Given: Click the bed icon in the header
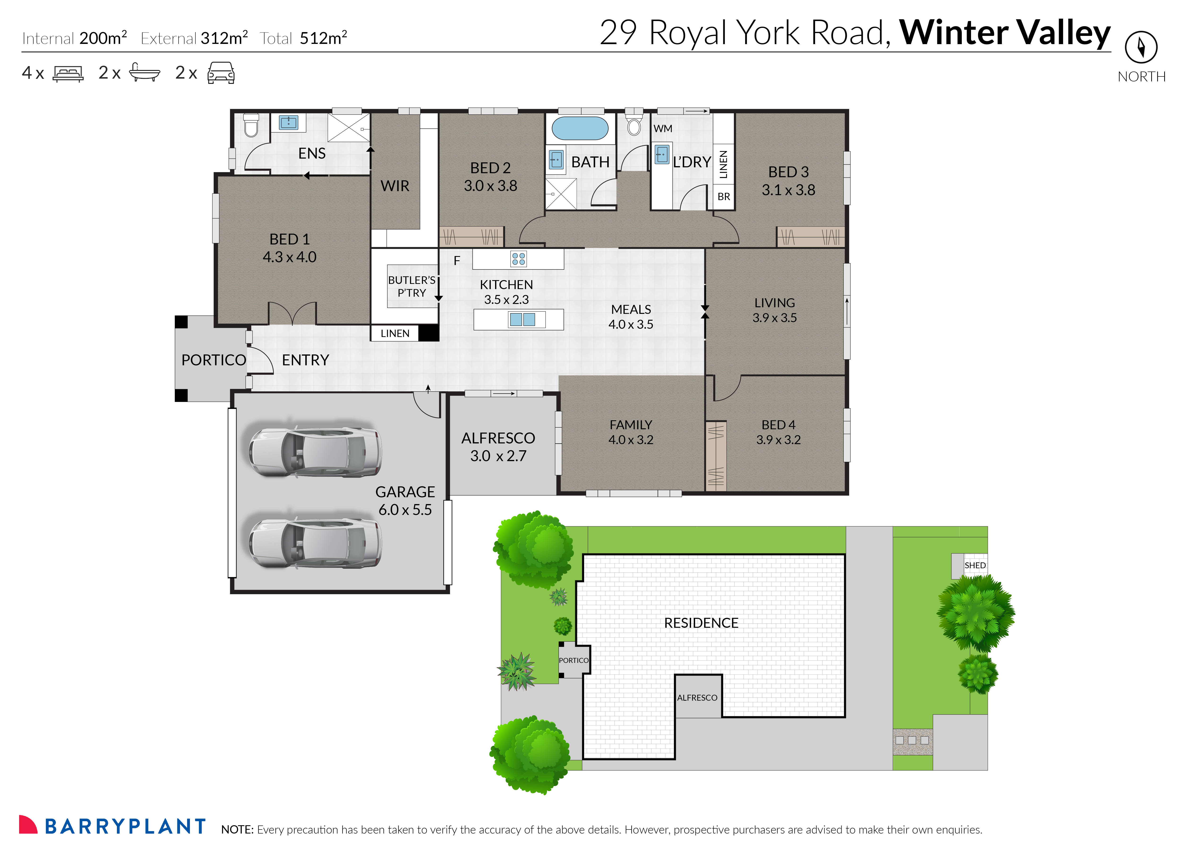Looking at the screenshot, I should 68,74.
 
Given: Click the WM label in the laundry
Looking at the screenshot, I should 663,129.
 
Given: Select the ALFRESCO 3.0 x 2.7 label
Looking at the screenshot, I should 498,447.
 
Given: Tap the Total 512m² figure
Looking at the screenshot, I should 304,38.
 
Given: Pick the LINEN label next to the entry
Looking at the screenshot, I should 395,333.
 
